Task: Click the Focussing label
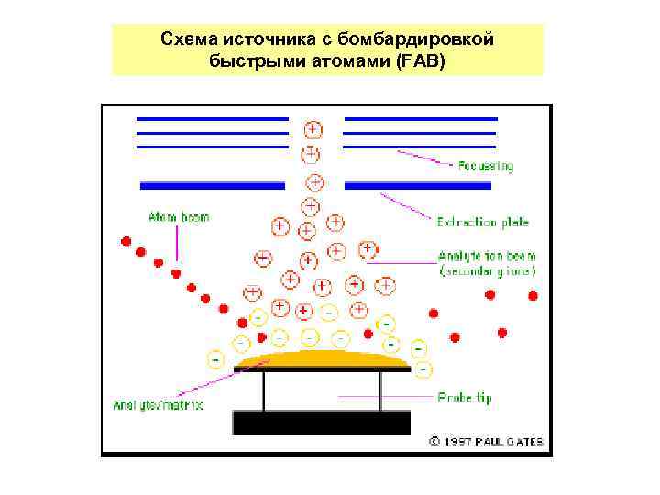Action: pyautogui.click(x=486, y=167)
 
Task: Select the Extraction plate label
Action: pyautogui.click(x=483, y=222)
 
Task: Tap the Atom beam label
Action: pyautogui.click(x=179, y=217)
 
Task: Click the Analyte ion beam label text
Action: pyautogui.click(x=487, y=257)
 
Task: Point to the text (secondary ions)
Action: pyautogui.click(x=487, y=271)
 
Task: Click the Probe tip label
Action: pyautogui.click(x=464, y=398)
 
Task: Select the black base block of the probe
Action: pyautogui.click(x=321, y=422)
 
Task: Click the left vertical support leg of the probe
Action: pyautogui.click(x=264, y=390)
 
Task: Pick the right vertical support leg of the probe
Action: pyautogui.click(x=380, y=390)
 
